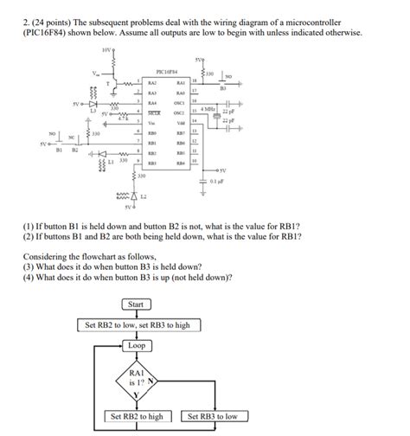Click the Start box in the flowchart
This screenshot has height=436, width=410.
click(136, 305)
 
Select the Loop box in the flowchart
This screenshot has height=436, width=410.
click(137, 344)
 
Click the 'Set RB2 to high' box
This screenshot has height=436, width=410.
click(136, 417)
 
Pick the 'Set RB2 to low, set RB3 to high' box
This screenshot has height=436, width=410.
click(136, 325)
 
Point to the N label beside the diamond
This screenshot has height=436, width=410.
click(151, 380)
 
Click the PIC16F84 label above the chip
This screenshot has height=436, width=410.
click(167, 73)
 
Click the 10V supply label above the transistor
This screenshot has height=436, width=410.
click(106, 50)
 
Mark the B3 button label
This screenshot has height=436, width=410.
click(222, 88)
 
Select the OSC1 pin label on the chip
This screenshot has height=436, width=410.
click(181, 102)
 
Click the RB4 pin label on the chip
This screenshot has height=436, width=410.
click(181, 162)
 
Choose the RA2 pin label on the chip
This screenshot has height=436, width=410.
click(152, 82)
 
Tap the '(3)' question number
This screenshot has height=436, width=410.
click(30, 267)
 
